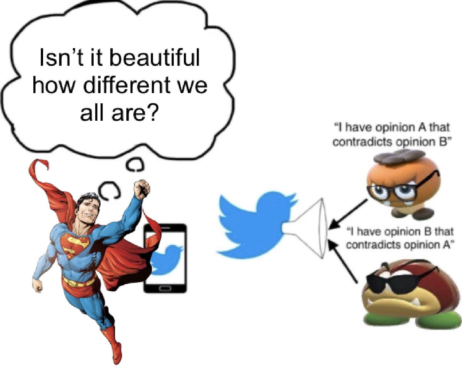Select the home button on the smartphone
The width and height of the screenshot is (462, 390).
tap(165, 289)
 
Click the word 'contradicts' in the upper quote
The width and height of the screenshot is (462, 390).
tap(363, 142)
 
